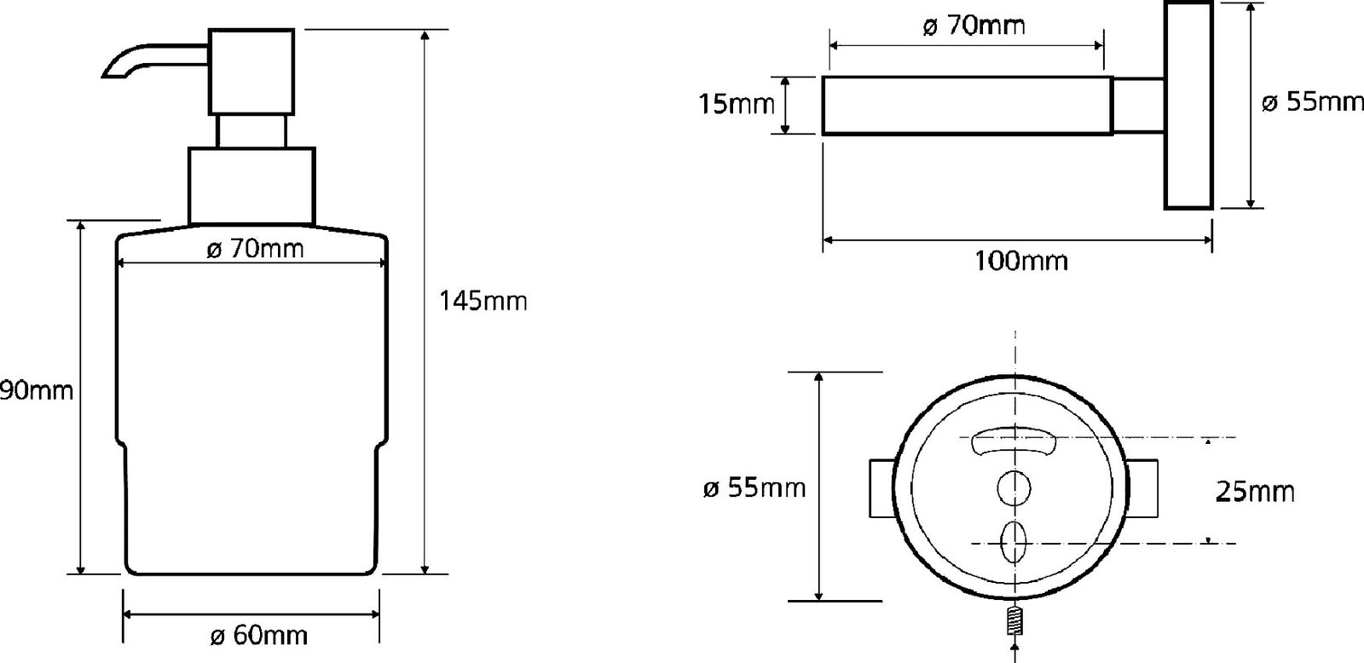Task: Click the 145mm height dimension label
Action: tap(483, 302)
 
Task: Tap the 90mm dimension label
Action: tap(37, 390)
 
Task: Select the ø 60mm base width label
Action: tap(259, 636)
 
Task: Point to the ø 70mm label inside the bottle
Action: tap(255, 249)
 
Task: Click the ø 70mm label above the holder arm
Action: tap(974, 26)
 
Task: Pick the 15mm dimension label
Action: tap(737, 105)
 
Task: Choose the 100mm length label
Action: tap(1021, 261)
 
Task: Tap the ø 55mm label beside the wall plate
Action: tap(1312, 102)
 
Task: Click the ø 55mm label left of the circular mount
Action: tap(754, 487)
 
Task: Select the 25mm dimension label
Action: tap(1255, 492)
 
